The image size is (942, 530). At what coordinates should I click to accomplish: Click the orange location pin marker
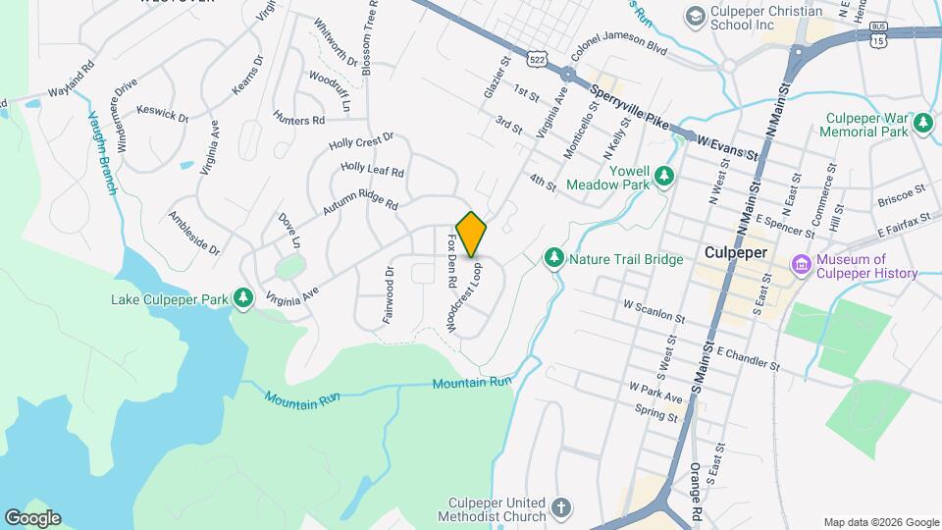tap(471, 234)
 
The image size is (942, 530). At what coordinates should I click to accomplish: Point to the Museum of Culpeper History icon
tap(801, 264)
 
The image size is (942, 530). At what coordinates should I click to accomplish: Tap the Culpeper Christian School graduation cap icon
tap(696, 16)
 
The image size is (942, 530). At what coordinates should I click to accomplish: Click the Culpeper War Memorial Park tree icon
tap(922, 122)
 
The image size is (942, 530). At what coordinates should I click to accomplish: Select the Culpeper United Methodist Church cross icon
tap(560, 507)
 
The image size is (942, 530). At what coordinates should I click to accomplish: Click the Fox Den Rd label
tap(452, 260)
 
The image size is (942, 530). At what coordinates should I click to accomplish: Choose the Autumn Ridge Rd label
tap(363, 201)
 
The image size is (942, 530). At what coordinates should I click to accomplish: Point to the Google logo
tap(32, 517)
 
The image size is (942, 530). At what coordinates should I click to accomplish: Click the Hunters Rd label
tap(298, 120)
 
